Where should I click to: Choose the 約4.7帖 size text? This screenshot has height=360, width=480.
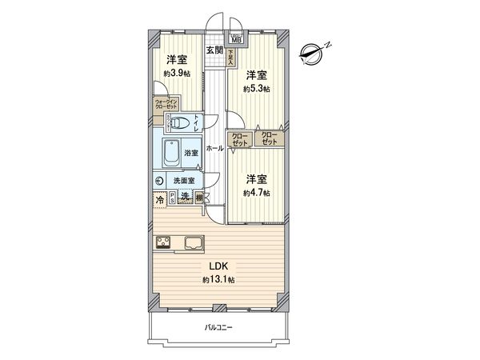pos(256,193)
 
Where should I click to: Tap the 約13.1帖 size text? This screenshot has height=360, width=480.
pos(217,279)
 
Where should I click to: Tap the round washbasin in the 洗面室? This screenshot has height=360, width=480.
pos(160,181)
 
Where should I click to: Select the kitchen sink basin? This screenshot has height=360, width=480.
pos(196,242)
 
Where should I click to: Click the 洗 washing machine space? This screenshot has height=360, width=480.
pos(185,198)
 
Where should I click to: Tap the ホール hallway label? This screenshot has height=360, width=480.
pos(214,149)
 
